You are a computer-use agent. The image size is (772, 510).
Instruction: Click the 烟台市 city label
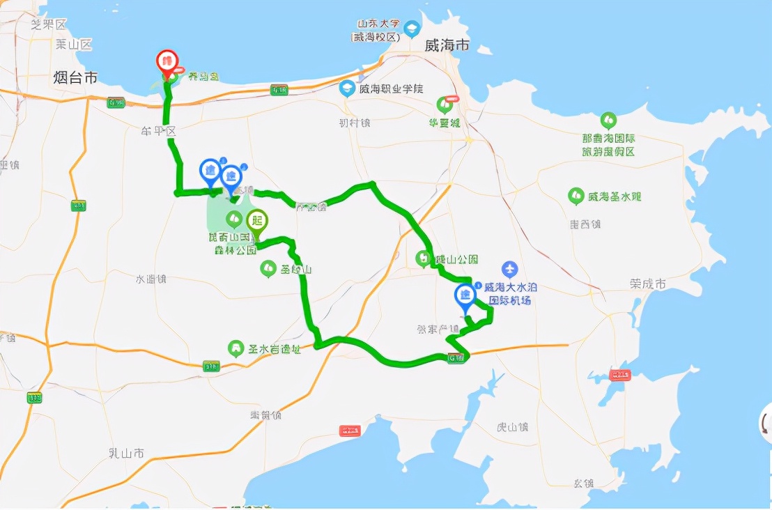pos(75,77)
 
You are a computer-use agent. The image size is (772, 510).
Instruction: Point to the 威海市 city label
pos(447,45)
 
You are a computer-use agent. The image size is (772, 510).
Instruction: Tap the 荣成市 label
pos(647,284)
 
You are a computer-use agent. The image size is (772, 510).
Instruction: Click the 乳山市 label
pos(127,453)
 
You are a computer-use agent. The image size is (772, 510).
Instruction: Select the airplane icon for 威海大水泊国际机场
pos(510,269)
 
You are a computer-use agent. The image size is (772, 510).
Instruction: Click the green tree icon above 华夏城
pos(445,105)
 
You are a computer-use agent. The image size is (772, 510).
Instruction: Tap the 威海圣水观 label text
pos(613,196)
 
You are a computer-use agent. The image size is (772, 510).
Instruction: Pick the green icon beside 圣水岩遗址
pos(237,348)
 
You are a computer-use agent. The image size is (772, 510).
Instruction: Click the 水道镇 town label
pos(151,279)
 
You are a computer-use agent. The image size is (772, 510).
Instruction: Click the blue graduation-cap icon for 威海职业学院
pos(346,88)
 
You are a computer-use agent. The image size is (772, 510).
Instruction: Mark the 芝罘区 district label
pos(48,24)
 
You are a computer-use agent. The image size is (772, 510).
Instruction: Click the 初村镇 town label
pos(355,123)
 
